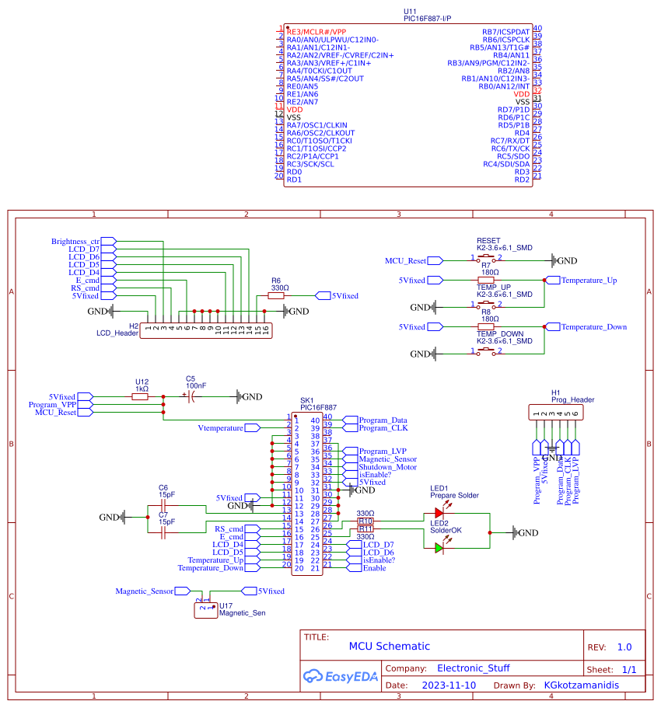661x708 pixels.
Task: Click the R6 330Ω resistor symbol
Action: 276,296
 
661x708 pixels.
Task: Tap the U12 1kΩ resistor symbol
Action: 140,396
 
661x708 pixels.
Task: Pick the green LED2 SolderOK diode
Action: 439,548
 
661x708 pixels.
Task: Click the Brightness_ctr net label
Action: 75,242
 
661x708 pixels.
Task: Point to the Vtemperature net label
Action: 220,428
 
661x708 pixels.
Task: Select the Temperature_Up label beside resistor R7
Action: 589,281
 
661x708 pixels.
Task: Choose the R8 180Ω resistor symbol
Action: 489,327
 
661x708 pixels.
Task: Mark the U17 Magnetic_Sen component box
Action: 204,610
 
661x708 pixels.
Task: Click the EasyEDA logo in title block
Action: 341,676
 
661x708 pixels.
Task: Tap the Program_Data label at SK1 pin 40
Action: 383,420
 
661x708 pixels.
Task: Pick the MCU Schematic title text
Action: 389,647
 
